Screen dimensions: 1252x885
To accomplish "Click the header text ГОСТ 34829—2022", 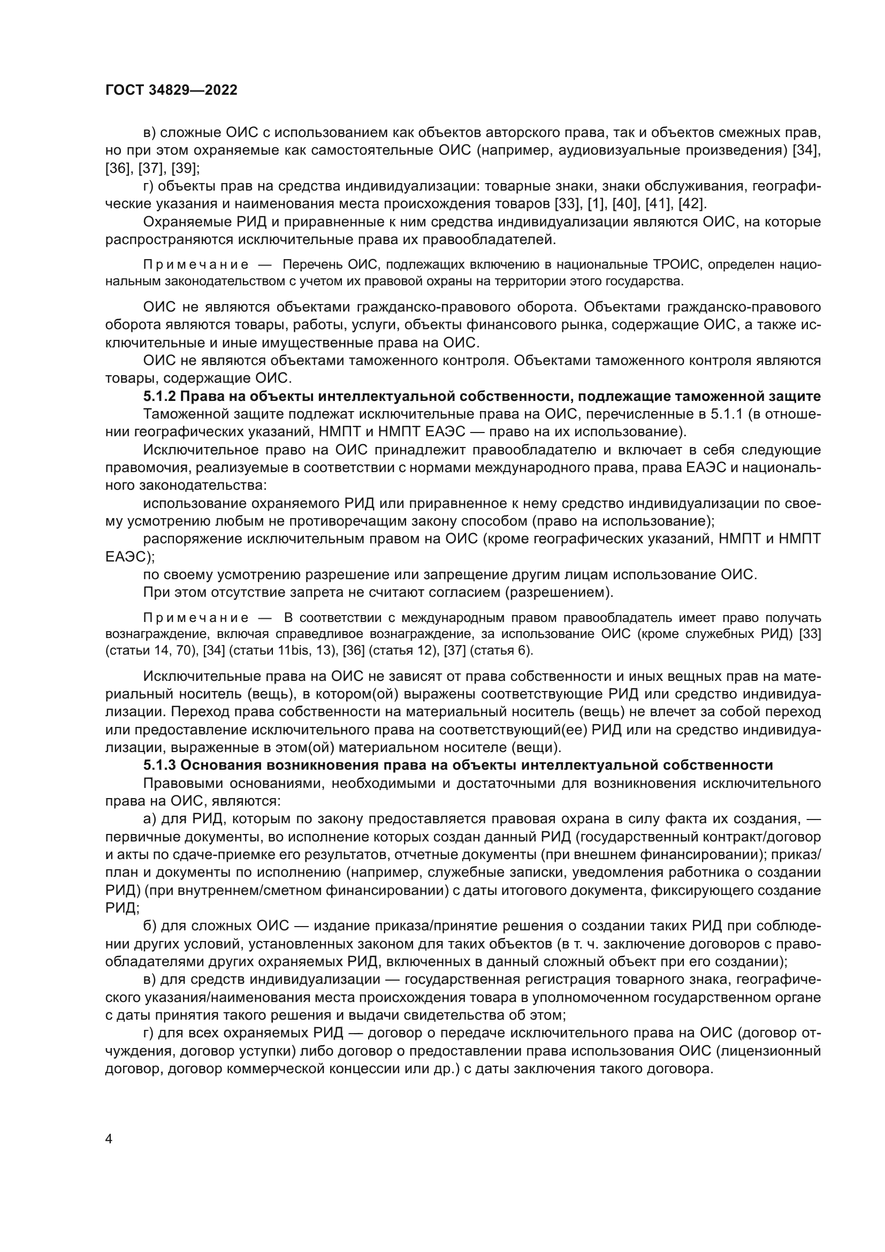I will pyautogui.click(x=172, y=90).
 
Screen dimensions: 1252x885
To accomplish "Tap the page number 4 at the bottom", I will pyautogui.click(x=109, y=1139).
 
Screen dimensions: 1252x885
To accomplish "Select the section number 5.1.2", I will pyautogui.click(x=159, y=397).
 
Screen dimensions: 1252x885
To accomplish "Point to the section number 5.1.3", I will pyautogui.click(x=159, y=765).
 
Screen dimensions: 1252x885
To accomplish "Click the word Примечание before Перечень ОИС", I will pyautogui.click(x=197, y=265).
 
